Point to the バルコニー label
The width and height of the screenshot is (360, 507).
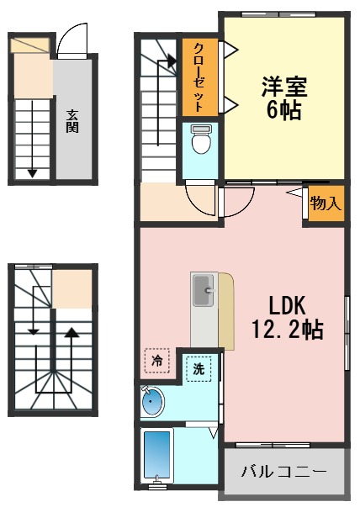click(x=284, y=472)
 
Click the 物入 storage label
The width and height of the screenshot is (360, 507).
click(x=325, y=203)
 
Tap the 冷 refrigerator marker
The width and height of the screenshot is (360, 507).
click(x=156, y=360)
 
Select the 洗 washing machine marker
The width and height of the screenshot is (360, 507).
click(x=199, y=368)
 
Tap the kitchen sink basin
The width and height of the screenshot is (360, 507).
click(x=204, y=293)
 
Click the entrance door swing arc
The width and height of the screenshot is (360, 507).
click(x=71, y=38)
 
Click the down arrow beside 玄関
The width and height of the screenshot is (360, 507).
click(x=32, y=172)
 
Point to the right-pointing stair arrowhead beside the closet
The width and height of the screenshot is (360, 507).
click(x=172, y=61)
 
